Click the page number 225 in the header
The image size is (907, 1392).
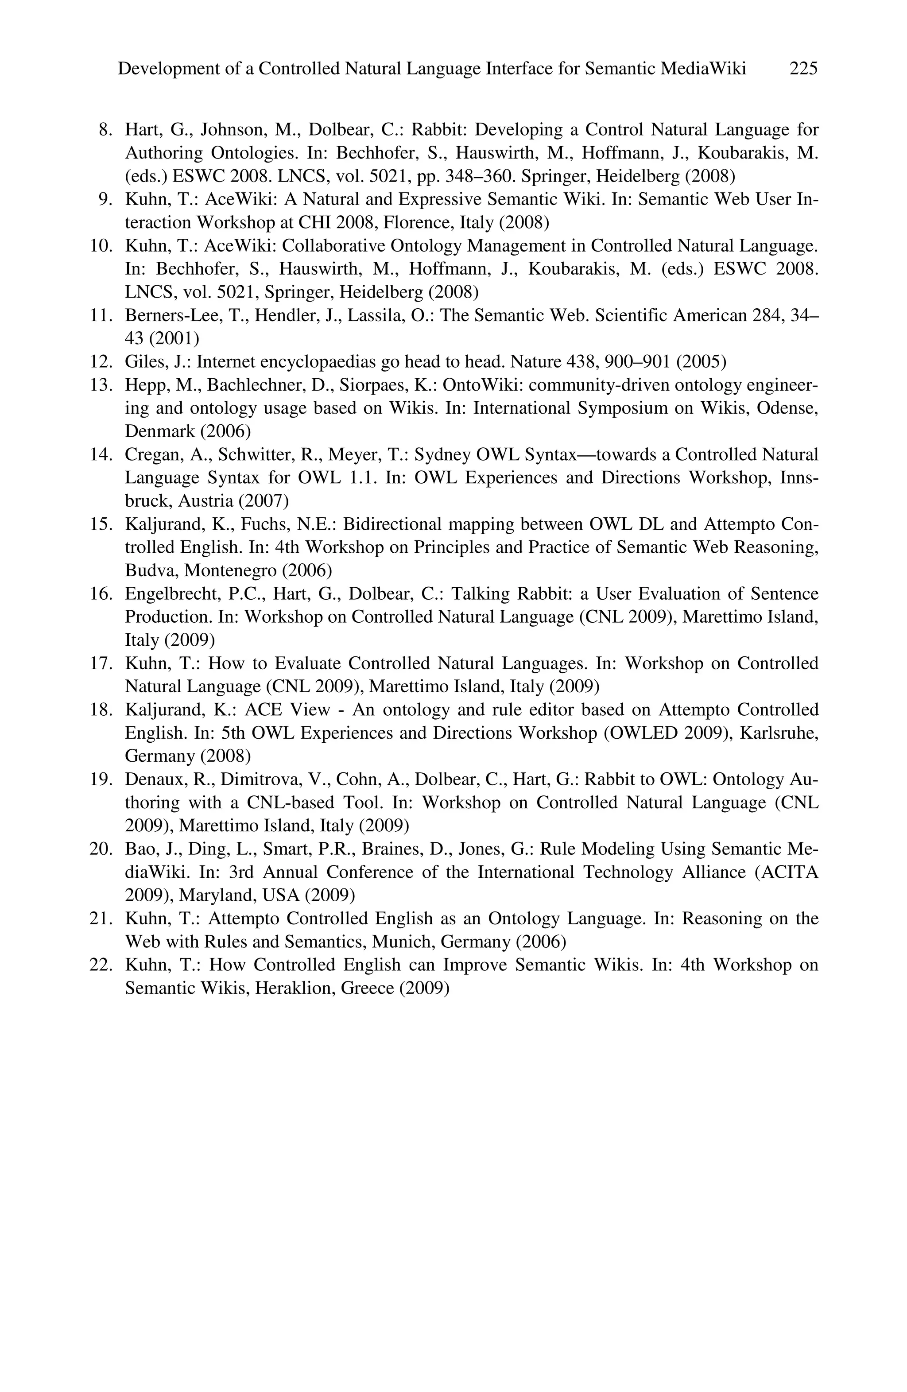[x=803, y=69]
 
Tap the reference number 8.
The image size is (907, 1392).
[x=105, y=129]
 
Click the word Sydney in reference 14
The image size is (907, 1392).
[x=438, y=454]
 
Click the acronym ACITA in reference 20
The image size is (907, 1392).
[x=792, y=872]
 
